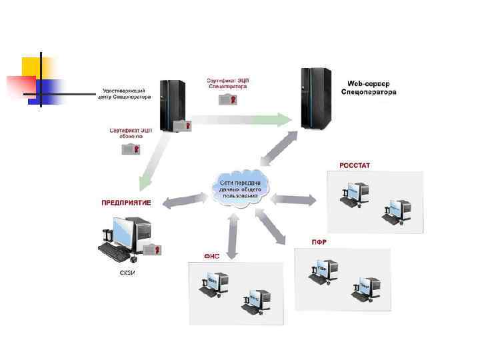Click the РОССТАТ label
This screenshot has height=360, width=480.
point(355,165)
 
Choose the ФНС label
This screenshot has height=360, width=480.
point(212,256)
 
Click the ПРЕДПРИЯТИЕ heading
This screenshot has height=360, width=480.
point(126,202)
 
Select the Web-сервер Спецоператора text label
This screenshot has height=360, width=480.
point(368,87)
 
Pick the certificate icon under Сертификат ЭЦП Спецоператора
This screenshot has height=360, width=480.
point(227,99)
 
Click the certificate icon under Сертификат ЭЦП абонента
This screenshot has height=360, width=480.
point(131,149)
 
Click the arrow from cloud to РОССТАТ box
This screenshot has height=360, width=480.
point(294,198)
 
